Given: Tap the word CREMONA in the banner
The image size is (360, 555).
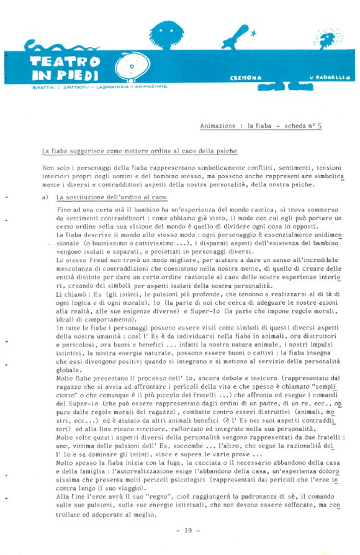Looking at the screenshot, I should click(x=246, y=78).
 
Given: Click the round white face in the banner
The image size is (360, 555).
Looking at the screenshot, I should click(x=133, y=66).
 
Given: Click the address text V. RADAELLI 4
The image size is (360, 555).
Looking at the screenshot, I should click(x=330, y=78).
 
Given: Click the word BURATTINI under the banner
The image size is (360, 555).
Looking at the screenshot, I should click(x=43, y=88).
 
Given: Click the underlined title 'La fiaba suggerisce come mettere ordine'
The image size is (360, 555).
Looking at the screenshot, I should click(x=139, y=151).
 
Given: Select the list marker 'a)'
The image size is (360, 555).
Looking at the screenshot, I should click(x=46, y=197).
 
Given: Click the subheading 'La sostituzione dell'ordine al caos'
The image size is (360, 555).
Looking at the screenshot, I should click(x=111, y=197).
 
